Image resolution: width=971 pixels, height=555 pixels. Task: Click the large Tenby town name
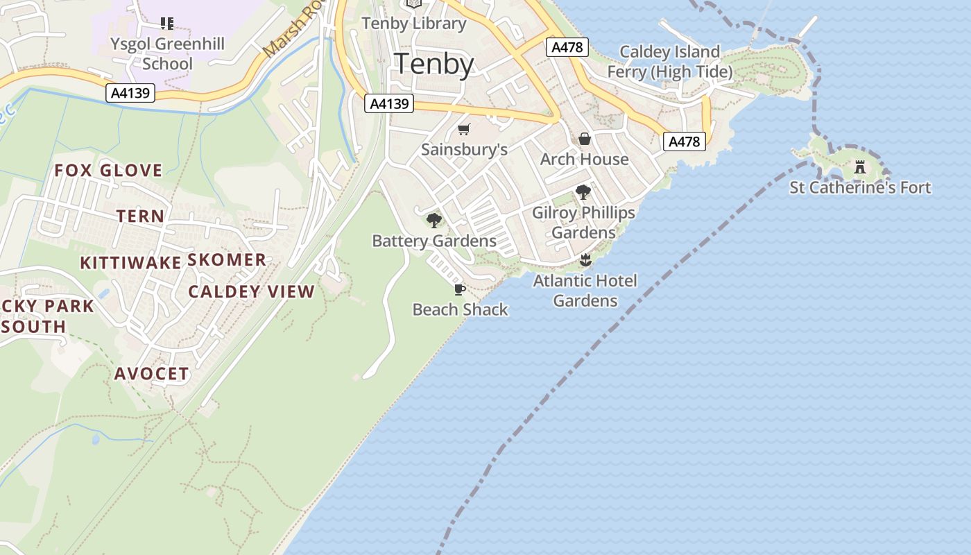point(434,64)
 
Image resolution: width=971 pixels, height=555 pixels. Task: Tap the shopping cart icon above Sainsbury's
point(464,129)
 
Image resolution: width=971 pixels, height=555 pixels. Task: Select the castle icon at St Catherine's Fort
point(860,167)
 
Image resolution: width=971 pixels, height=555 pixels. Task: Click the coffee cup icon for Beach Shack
point(459,289)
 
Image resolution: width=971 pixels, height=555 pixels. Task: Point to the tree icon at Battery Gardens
point(434,221)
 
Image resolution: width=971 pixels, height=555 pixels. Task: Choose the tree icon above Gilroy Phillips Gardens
point(583,192)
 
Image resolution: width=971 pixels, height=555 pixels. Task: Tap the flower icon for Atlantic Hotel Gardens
point(585,260)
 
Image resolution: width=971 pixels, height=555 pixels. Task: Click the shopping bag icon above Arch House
point(584,139)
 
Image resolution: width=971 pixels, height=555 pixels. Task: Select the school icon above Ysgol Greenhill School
point(166,24)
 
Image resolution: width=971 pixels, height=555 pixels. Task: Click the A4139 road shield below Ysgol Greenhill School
point(130,92)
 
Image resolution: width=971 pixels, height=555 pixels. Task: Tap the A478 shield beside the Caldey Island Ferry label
point(567,47)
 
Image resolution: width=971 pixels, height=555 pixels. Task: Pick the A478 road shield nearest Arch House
point(684,142)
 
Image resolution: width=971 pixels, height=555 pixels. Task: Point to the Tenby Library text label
point(414,23)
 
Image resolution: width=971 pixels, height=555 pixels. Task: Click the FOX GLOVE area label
point(108,171)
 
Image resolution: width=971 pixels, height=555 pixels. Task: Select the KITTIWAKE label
point(130,263)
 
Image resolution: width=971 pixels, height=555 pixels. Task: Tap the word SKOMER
point(227,260)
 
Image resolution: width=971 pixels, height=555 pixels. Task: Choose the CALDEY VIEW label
point(252,291)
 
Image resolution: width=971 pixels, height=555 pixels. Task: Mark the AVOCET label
point(151,374)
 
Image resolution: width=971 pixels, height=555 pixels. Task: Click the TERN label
point(141,216)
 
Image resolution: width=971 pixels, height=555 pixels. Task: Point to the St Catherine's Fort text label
point(860,187)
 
